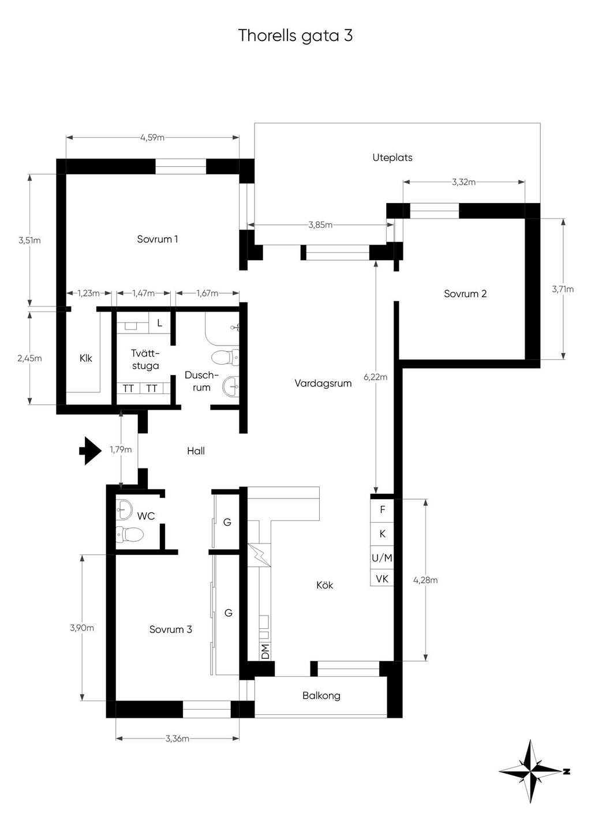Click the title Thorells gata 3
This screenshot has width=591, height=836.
pyautogui.click(x=295, y=36)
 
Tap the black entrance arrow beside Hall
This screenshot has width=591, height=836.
pyautogui.click(x=91, y=451)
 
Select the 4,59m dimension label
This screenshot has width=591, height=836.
pyautogui.click(x=152, y=137)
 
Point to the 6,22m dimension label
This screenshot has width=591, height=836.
pyautogui.click(x=376, y=377)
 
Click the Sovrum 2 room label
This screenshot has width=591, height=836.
pyautogui.click(x=465, y=294)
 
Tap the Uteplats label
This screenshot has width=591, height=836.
pyautogui.click(x=392, y=158)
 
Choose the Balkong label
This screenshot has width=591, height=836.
pyautogui.click(x=321, y=695)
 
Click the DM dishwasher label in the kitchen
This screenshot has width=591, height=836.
pyautogui.click(x=265, y=651)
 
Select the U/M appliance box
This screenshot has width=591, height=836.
pyautogui.click(x=382, y=558)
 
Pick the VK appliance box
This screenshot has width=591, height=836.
pyautogui.click(x=382, y=579)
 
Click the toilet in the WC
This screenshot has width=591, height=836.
pyautogui.click(x=130, y=535)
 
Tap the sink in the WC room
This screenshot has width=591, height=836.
pyautogui.click(x=124, y=509)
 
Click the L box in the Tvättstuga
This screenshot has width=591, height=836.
pyautogui.click(x=160, y=323)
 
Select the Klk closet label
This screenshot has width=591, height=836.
pyautogui.click(x=86, y=358)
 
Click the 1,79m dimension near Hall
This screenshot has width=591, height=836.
pyautogui.click(x=121, y=449)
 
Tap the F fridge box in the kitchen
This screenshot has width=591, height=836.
pyautogui.click(x=382, y=510)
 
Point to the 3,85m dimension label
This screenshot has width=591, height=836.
pyautogui.click(x=320, y=225)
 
